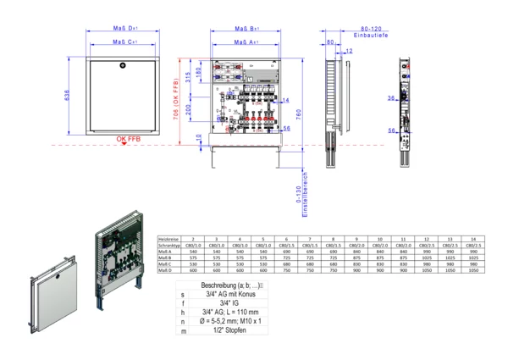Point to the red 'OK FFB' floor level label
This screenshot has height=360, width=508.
[127, 138]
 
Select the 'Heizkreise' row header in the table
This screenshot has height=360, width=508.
[170, 240]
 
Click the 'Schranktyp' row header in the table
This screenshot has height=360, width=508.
[171, 246]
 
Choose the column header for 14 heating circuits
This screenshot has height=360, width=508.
[472, 240]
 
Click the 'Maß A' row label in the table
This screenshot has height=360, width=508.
[166, 252]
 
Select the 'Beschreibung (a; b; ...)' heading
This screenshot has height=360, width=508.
[231, 285]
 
